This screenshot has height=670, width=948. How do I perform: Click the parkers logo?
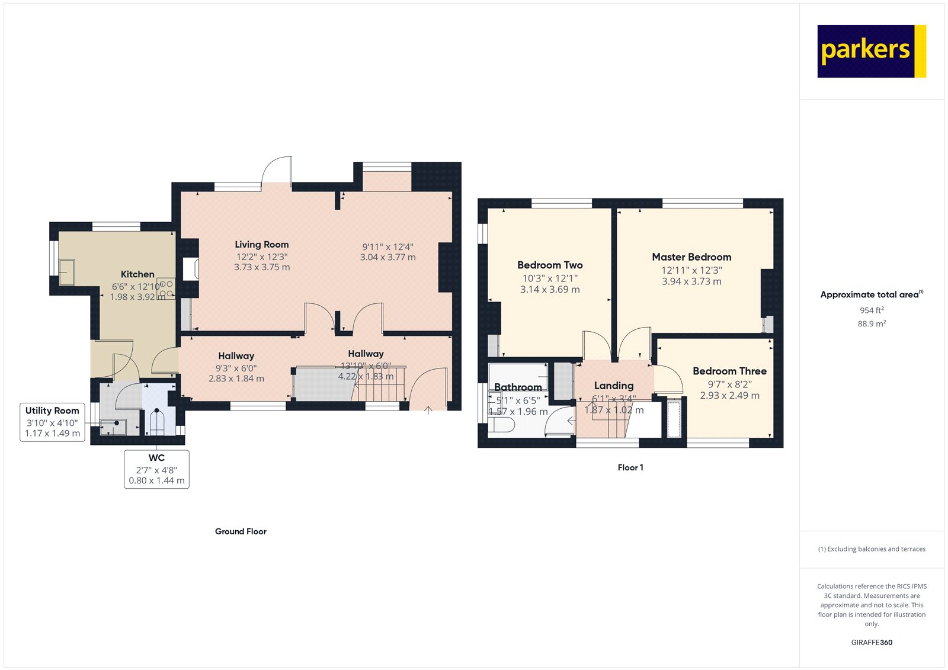click(x=871, y=51)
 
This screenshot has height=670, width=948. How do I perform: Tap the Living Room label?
click(x=261, y=245)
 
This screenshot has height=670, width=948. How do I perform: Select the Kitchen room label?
click(x=137, y=274)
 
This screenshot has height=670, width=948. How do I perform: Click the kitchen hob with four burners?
click(x=166, y=288)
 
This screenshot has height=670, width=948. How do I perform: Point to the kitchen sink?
click(x=66, y=272)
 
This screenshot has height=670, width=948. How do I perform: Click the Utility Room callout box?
click(x=52, y=422)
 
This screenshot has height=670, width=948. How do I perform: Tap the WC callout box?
click(x=156, y=469)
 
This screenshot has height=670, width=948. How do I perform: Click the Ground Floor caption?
click(x=241, y=531)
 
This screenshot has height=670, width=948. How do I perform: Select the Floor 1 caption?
click(x=630, y=467)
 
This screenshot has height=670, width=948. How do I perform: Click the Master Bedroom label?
click(x=691, y=257)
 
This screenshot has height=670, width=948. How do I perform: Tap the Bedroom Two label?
click(x=550, y=265)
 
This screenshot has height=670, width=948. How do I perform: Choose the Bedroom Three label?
click(x=729, y=371)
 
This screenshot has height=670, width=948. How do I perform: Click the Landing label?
click(x=614, y=386)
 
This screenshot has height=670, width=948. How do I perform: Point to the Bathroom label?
click(x=518, y=387)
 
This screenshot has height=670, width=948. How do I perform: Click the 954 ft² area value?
click(x=872, y=310)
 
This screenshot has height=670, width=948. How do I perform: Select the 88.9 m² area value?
click(x=872, y=324)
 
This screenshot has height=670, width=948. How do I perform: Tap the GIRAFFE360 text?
click(x=872, y=642)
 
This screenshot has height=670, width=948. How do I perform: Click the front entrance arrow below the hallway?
click(x=428, y=409)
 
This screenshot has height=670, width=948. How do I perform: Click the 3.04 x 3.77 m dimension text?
click(x=387, y=258)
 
